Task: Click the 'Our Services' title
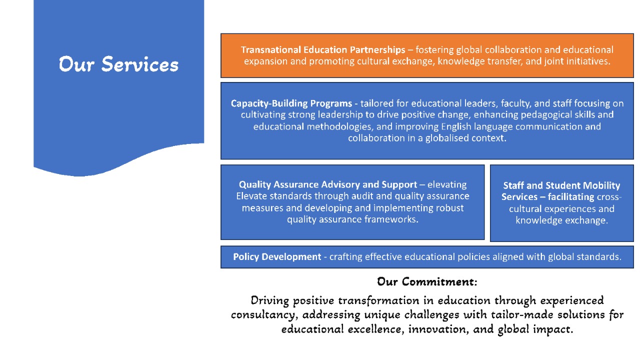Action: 118,64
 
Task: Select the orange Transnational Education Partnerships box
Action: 427,55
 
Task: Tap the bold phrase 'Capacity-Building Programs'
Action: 291,103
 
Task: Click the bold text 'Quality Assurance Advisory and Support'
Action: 328,184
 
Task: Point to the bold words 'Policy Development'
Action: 277,256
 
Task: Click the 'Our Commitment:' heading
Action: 427,281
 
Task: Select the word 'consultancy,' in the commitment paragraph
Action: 262,315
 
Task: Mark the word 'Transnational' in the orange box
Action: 271,49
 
